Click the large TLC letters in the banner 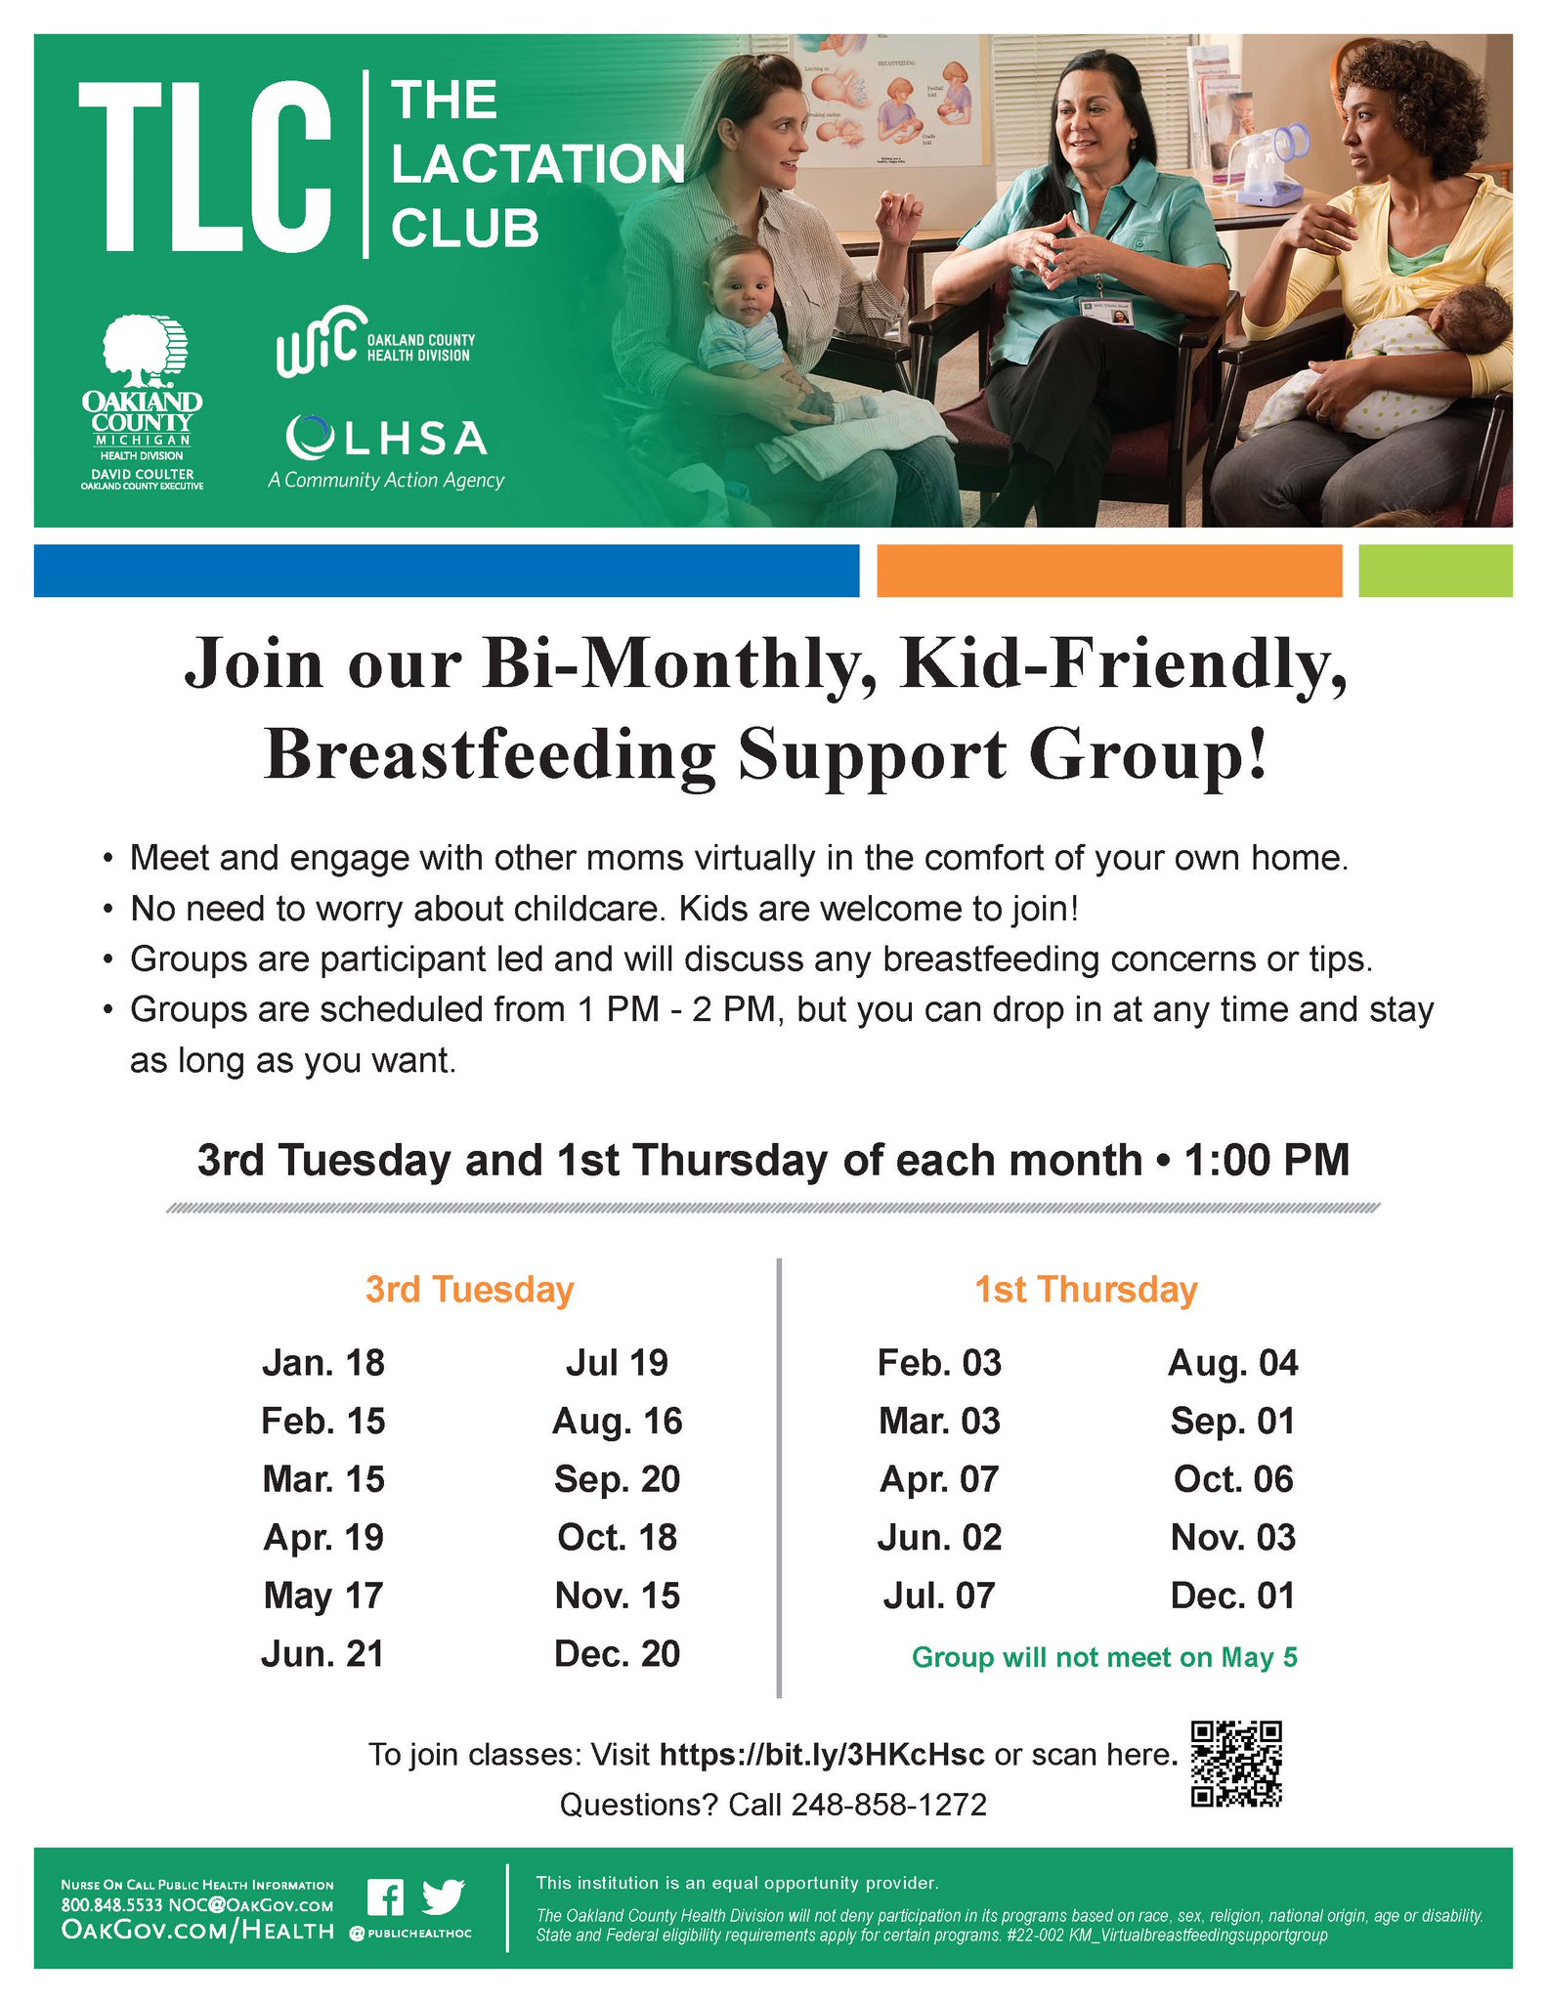[204, 166]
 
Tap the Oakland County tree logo [144, 352]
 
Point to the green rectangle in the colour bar [1435, 571]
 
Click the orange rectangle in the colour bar [1109, 571]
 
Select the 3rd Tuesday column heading [469, 1290]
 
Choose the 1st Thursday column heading [1086, 1290]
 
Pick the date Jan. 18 [323, 1363]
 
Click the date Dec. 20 [617, 1654]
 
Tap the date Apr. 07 [939, 1479]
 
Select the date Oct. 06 [1233, 1479]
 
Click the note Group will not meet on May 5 [1104, 1657]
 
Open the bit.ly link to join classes [822, 1754]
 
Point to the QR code [1236, 1763]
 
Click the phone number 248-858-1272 [889, 1804]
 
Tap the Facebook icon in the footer [385, 1897]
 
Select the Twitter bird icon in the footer [443, 1897]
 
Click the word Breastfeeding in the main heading [490, 755]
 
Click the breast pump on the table [1264, 164]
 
